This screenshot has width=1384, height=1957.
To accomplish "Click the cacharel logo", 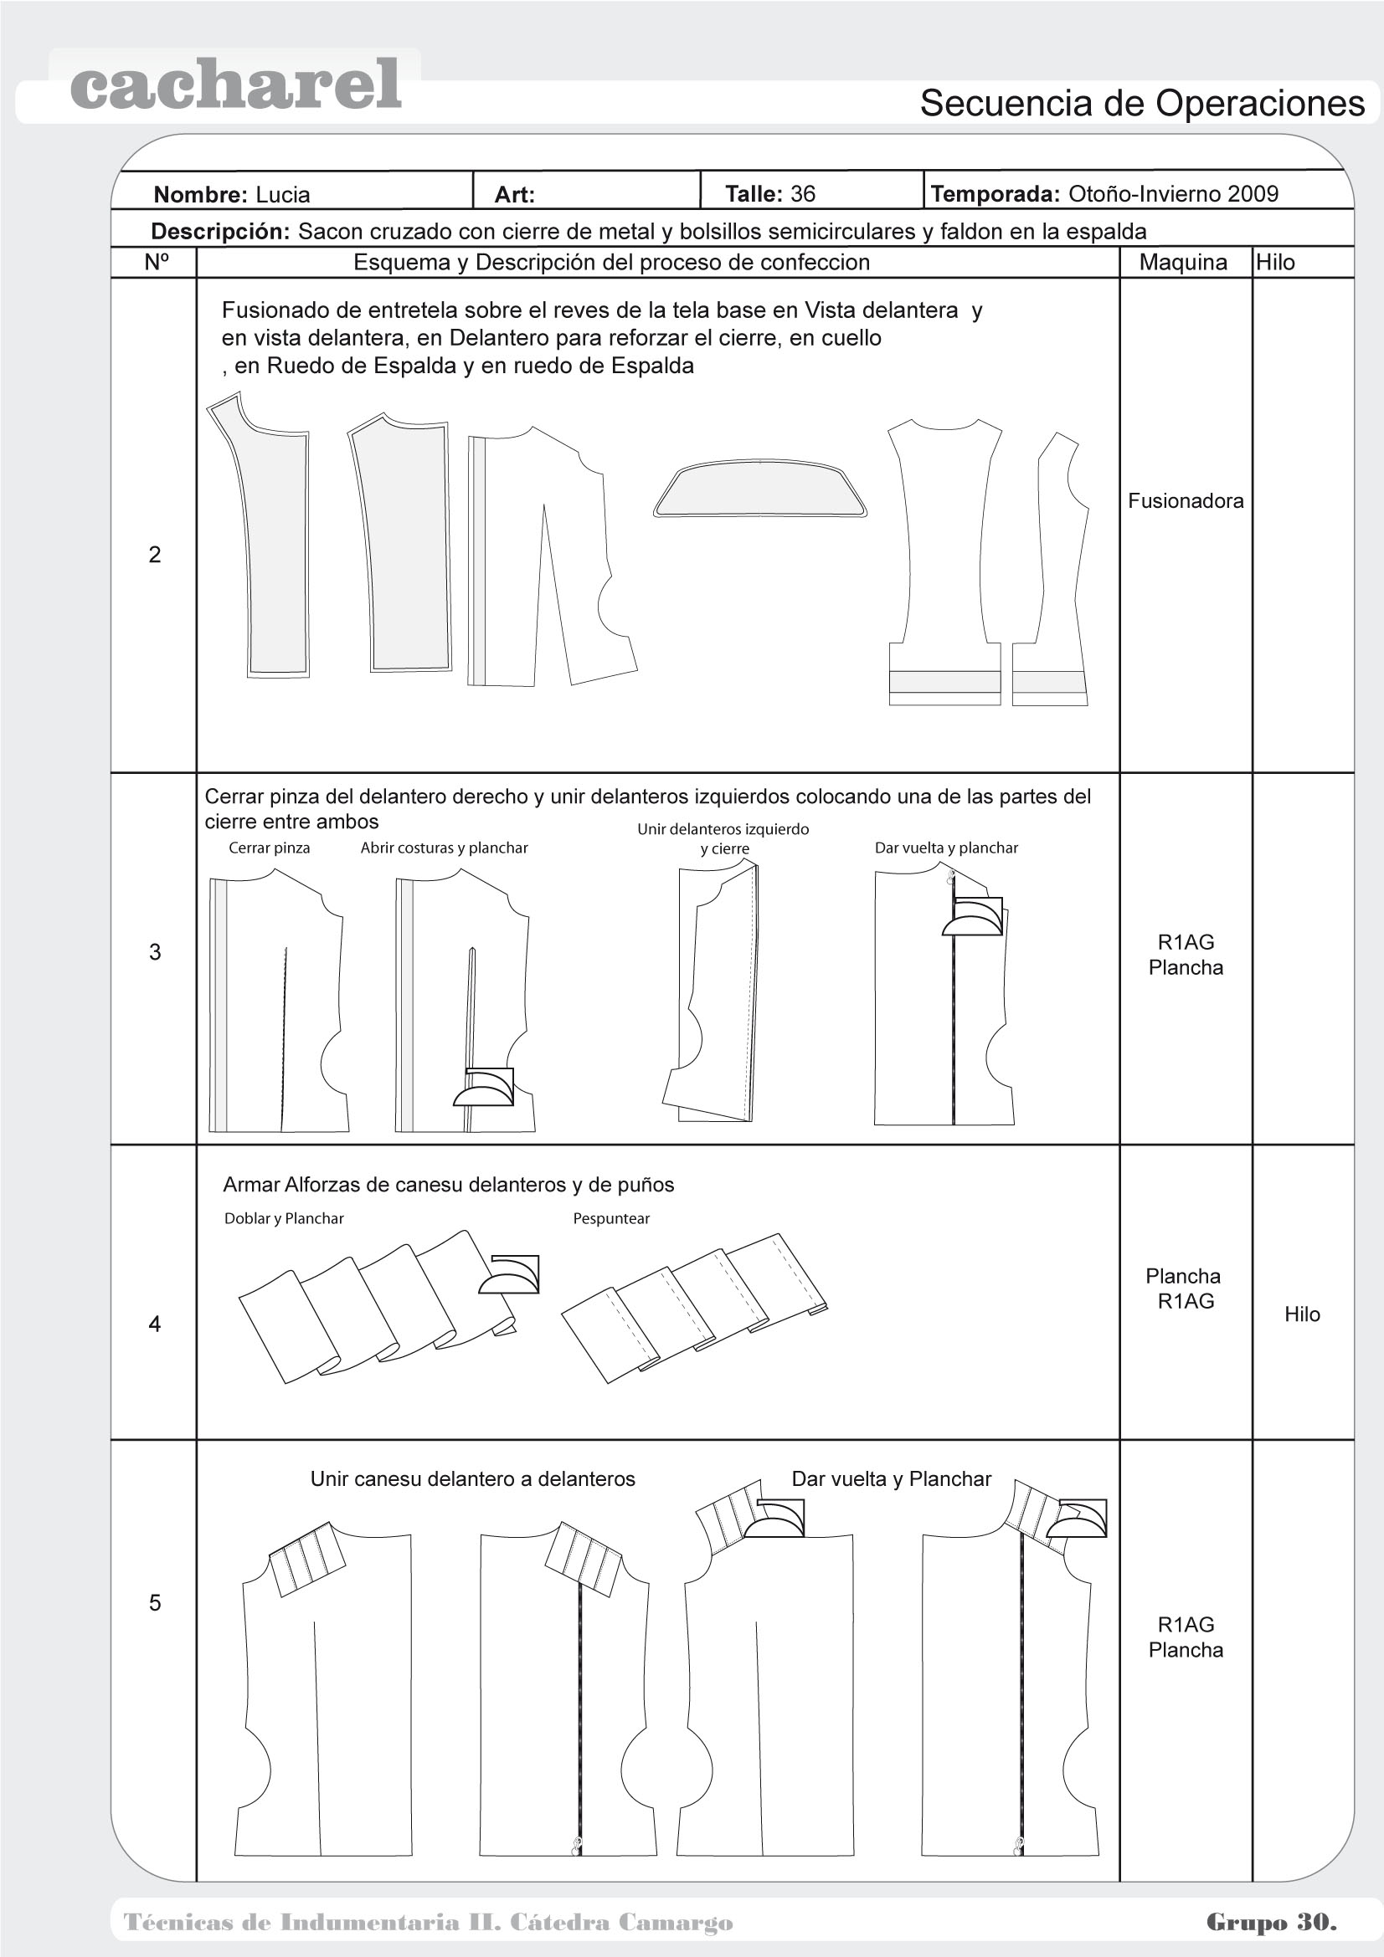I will pyautogui.click(x=235, y=85).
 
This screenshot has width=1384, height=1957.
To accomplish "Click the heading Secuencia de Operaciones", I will pyautogui.click(x=1142, y=103).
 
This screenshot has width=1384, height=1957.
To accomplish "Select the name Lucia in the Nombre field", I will pyautogui.click(x=283, y=194).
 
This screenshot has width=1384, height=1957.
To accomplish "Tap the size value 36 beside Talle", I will pyautogui.click(x=802, y=193).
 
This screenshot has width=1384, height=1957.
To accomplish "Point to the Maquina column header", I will pyautogui.click(x=1183, y=263).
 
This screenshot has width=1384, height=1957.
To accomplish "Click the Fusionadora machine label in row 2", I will pyautogui.click(x=1186, y=500).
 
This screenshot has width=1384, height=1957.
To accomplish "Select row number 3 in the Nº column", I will pyautogui.click(x=154, y=952).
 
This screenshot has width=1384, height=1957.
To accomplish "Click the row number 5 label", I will pyautogui.click(x=154, y=1602).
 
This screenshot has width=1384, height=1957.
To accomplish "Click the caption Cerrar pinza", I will pyautogui.click(x=269, y=848).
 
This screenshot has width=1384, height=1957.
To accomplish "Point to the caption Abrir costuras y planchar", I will pyautogui.click(x=444, y=848).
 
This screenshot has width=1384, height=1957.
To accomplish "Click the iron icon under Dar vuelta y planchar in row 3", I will pyautogui.click(x=973, y=918).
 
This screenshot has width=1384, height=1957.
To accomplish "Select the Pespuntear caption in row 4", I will pyautogui.click(x=610, y=1219).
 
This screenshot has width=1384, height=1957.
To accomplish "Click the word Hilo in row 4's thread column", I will pyautogui.click(x=1301, y=1314).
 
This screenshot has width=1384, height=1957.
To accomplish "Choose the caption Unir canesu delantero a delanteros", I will pyautogui.click(x=472, y=1478).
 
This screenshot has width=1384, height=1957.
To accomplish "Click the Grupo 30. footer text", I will pyautogui.click(x=1271, y=1922).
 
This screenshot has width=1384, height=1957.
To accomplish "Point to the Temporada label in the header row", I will pyautogui.click(x=995, y=193).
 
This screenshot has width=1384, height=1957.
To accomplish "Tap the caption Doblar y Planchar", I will pyautogui.click(x=284, y=1219).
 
